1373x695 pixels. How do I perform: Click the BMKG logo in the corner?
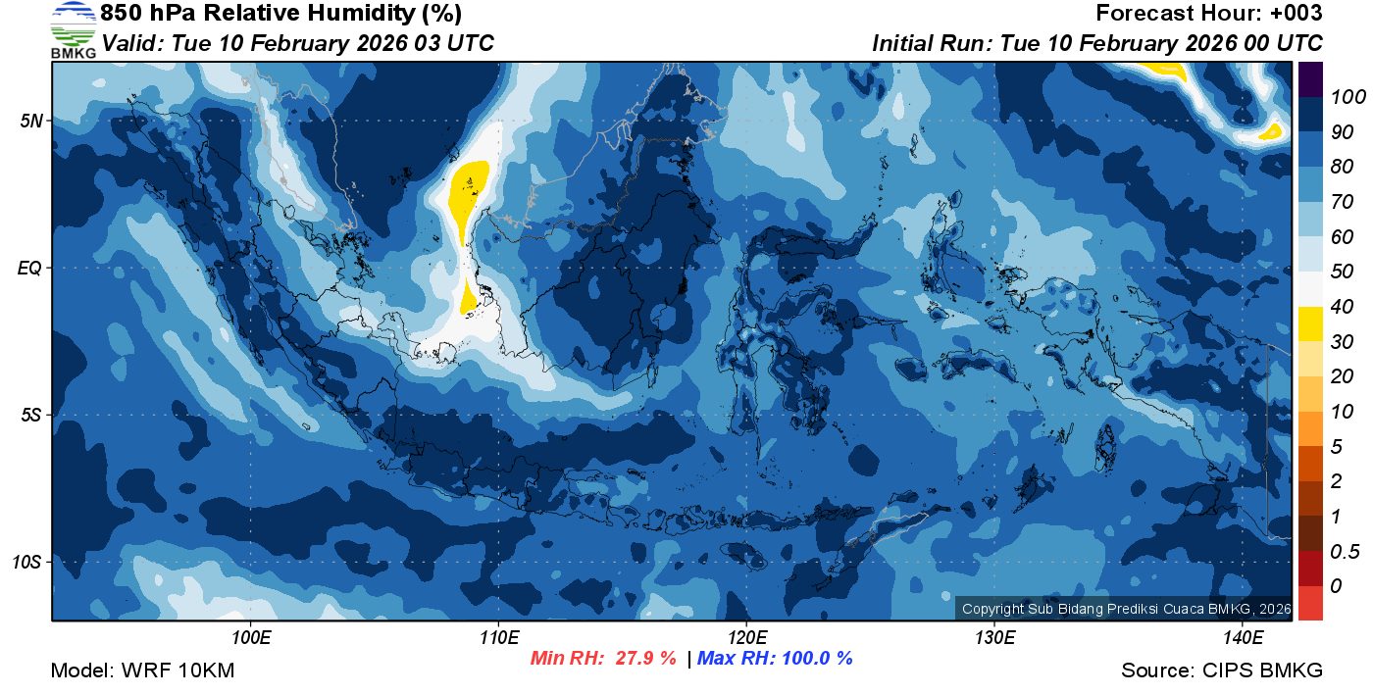click(73, 30)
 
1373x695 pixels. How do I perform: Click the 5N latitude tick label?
click(31, 121)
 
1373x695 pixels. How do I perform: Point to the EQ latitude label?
click(30, 268)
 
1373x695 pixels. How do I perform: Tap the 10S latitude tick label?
click(27, 563)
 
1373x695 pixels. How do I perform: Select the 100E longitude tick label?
click(251, 637)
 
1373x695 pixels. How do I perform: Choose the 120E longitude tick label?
click(746, 637)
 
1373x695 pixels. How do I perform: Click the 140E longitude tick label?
click(1243, 637)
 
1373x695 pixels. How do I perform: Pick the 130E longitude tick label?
click(994, 637)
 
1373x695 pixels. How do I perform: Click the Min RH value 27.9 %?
click(645, 659)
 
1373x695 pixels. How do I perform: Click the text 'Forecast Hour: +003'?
click(1209, 14)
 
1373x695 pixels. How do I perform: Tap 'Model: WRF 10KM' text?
click(142, 671)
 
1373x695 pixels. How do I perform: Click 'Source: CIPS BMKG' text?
click(1222, 671)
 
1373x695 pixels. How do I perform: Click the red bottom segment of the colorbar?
click(1311, 603)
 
